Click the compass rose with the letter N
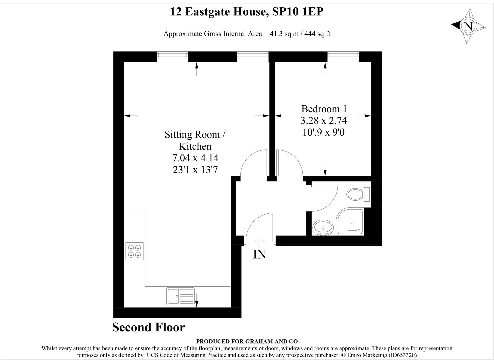pos(468,26)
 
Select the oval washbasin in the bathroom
pos(323,228)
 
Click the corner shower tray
pos(349,222)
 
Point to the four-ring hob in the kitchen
pos(135,251)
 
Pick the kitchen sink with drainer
pos(180,296)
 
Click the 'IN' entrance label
pos(260,254)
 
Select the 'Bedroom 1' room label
pos(324,109)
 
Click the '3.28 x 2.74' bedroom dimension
pos(324,120)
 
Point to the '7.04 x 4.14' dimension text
pos(195,158)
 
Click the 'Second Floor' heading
pos(148,327)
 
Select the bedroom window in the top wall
pos(343,57)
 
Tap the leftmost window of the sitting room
pos(172,57)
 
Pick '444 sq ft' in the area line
pos(317,34)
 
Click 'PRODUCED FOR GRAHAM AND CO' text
pos(247,341)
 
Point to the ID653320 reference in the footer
pos(402,355)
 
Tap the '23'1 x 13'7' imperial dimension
pos(195,170)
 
